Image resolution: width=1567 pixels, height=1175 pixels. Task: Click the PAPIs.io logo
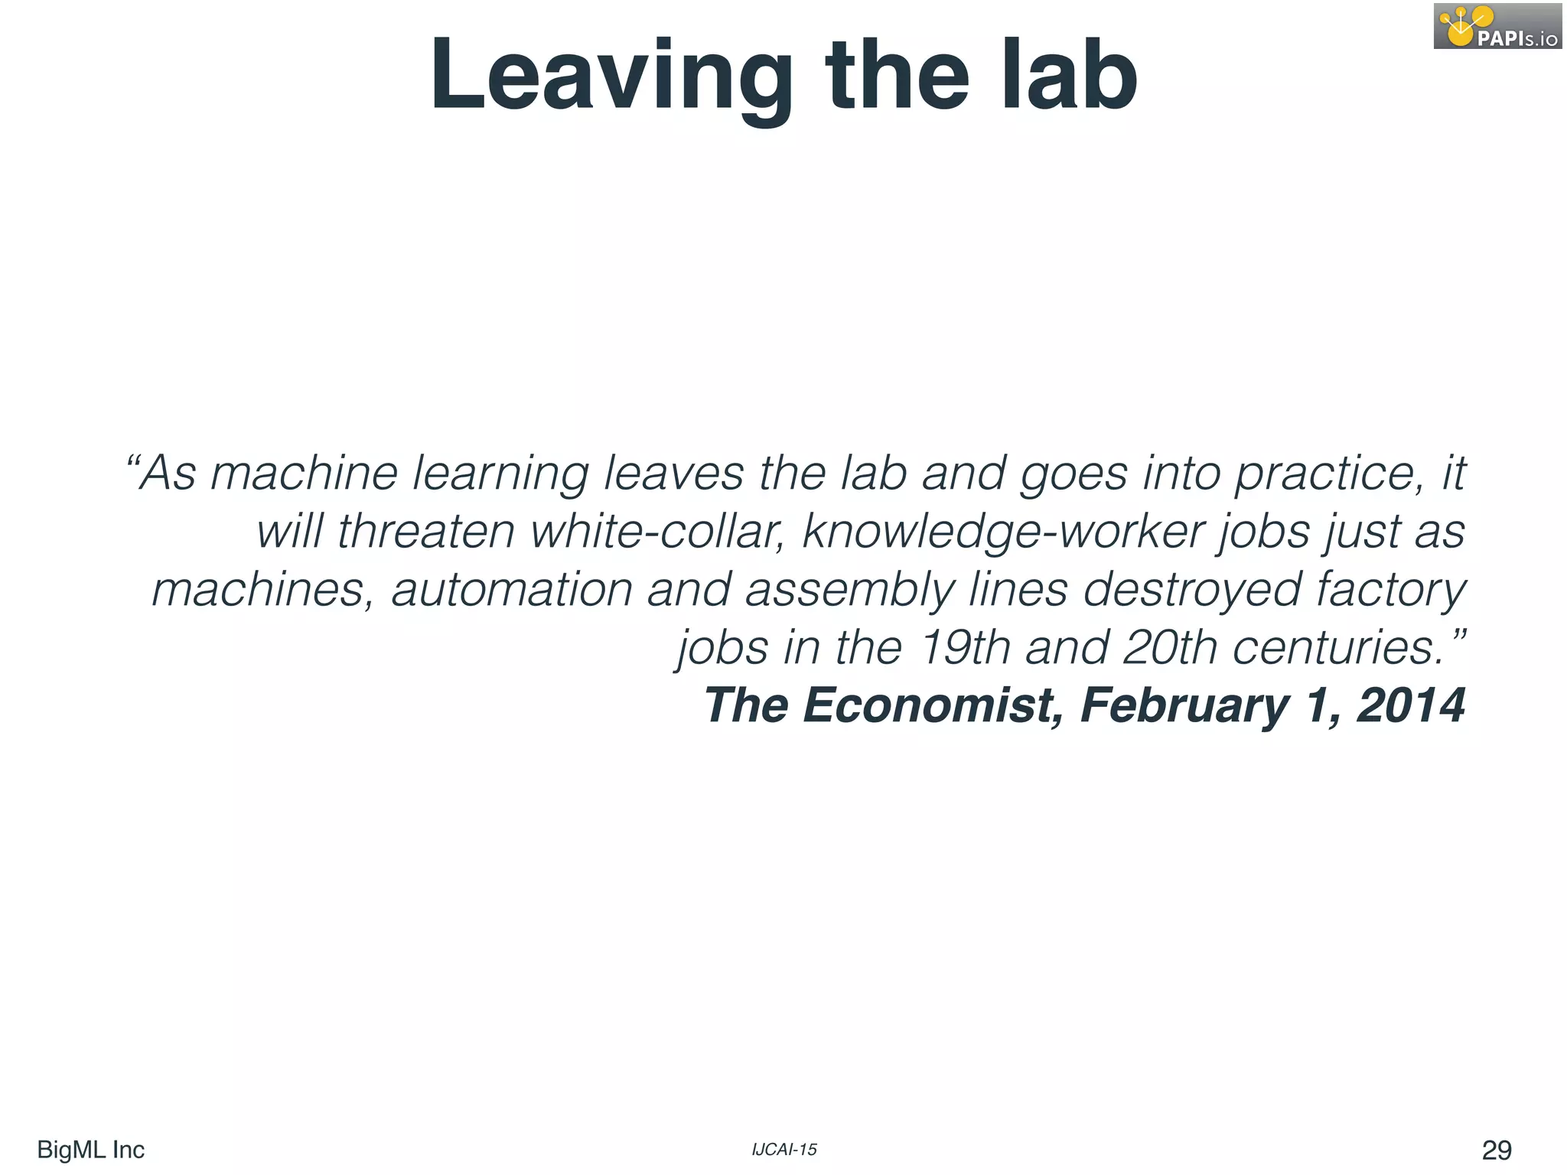[1497, 27]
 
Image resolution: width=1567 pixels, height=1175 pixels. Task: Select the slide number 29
[1497, 1150]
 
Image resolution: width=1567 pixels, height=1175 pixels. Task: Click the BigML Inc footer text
[90, 1150]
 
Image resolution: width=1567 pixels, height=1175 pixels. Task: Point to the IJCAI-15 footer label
[784, 1150]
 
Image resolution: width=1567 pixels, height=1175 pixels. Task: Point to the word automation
[512, 590]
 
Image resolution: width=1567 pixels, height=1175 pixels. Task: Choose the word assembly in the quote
[850, 591]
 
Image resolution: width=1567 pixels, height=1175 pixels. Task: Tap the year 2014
[1411, 705]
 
